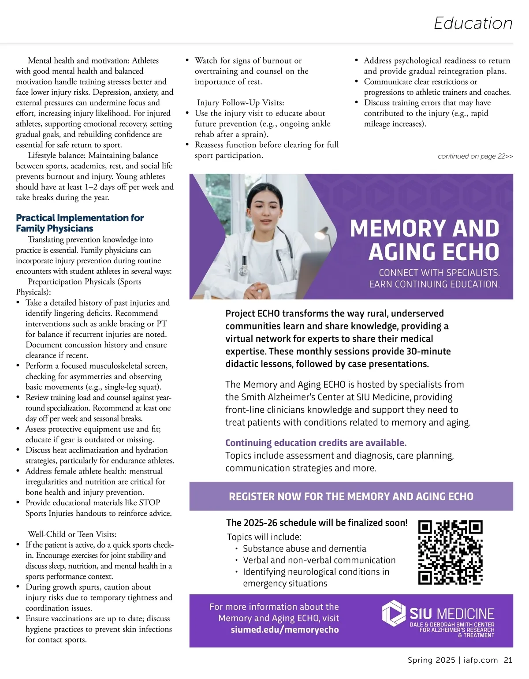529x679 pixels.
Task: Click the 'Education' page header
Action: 473,23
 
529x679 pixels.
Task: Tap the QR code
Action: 450,552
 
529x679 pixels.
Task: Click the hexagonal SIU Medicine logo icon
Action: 393,613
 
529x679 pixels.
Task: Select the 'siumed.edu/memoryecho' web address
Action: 285,630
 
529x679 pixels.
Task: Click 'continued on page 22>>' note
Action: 475,157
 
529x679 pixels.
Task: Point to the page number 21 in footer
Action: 508,660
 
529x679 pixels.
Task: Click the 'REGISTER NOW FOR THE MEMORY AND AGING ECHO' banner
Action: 351,496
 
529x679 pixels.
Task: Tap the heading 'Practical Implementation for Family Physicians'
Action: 80,223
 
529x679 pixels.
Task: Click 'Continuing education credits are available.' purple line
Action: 316,443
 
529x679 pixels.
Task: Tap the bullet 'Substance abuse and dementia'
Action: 304,548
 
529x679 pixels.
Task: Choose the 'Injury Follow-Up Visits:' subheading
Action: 240,103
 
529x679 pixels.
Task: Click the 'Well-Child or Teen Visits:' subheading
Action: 72,534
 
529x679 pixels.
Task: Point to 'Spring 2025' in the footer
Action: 431,660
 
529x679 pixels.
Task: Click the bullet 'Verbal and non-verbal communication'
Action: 319,560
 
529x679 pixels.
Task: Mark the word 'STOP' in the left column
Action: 149,503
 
